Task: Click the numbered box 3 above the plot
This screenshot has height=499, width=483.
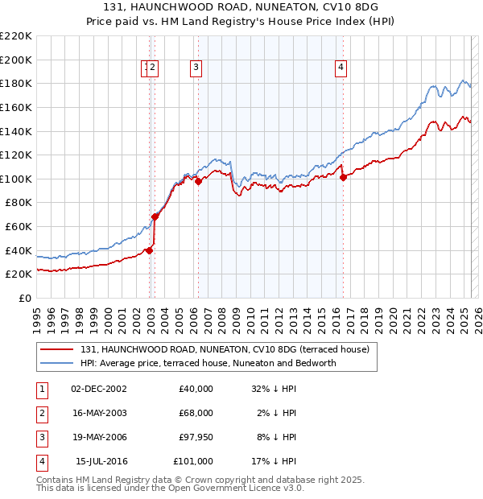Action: click(196, 68)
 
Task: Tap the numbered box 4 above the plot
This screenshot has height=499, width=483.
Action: click(341, 68)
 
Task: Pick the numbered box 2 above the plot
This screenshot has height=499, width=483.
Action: click(153, 68)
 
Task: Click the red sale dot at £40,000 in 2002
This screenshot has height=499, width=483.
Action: click(149, 250)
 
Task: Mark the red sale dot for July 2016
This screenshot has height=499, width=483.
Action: click(343, 178)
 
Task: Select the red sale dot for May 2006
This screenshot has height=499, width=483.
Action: click(198, 182)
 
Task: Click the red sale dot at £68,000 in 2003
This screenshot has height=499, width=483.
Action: click(155, 217)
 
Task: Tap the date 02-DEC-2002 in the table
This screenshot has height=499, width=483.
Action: click(99, 389)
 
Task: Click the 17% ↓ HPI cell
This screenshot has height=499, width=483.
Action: click(274, 461)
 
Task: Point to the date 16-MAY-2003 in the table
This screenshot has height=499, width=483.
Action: click(99, 413)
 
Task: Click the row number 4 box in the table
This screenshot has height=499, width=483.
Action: click(41, 461)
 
